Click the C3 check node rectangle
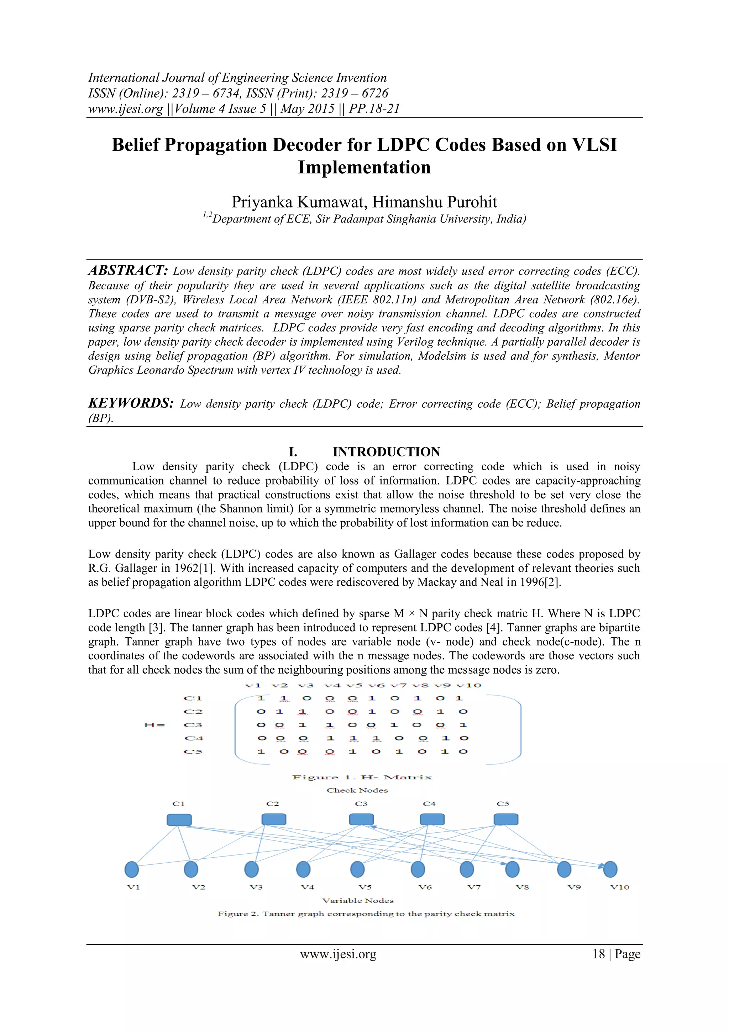(x=361, y=820)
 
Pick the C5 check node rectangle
(x=506, y=820)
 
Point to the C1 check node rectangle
(x=179, y=820)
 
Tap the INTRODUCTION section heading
(x=386, y=452)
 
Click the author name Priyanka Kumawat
(x=299, y=202)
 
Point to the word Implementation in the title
(x=364, y=167)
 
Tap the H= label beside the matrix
(x=155, y=725)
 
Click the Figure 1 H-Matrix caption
(x=362, y=777)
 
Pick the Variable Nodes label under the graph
(x=358, y=901)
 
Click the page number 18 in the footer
(x=598, y=954)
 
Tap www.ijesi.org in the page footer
(x=338, y=954)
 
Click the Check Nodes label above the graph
(x=357, y=790)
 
